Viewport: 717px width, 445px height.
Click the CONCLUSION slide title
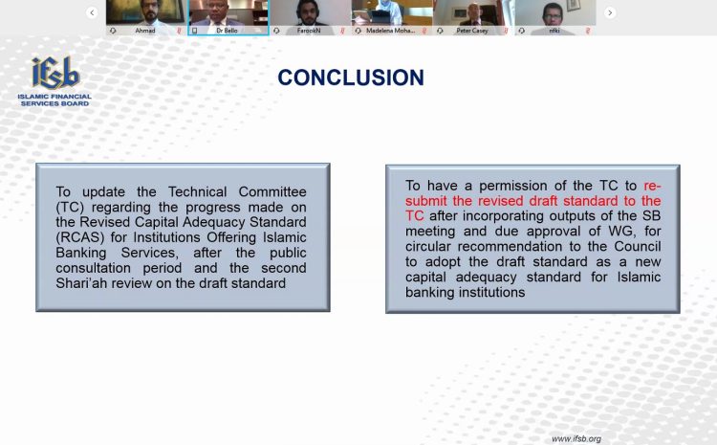pyautogui.click(x=351, y=78)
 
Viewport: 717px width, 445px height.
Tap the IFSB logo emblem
pyautogui.click(x=54, y=73)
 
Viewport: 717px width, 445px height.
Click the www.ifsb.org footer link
pyautogui.click(x=576, y=438)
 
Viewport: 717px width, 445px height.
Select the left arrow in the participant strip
pyautogui.click(x=92, y=12)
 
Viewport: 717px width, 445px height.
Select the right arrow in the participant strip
pyautogui.click(x=610, y=12)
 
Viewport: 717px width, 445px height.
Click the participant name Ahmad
pyautogui.click(x=145, y=31)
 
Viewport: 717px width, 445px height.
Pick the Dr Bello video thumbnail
pyautogui.click(x=228, y=17)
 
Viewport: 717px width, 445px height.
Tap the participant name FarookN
pyautogui.click(x=309, y=31)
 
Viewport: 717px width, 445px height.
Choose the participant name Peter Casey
pyautogui.click(x=472, y=31)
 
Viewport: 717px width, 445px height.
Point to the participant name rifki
pyautogui.click(x=554, y=31)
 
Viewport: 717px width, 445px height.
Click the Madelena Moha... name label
pyautogui.click(x=390, y=31)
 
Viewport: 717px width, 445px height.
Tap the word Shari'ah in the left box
pyautogui.click(x=81, y=283)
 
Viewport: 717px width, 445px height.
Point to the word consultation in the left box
pyautogui.click(x=94, y=268)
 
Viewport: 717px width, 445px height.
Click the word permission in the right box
pyautogui.click(x=512, y=186)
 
